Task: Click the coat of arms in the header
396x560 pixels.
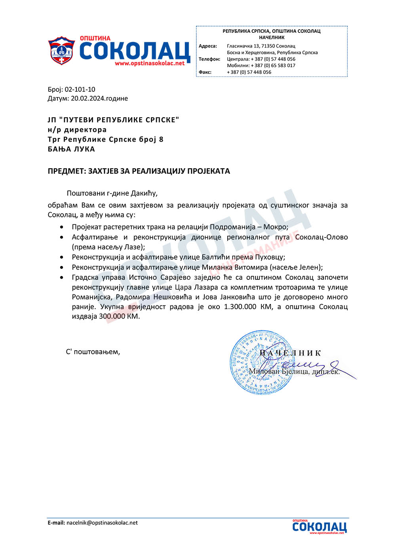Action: pyautogui.click(x=61, y=51)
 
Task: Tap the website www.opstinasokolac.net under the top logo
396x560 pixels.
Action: pyautogui.click(x=150, y=63)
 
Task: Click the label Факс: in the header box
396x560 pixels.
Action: pyautogui.click(x=205, y=72)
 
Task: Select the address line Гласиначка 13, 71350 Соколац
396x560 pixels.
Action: pyautogui.click(x=261, y=46)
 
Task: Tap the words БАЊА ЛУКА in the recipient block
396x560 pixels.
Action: pyautogui.click(x=71, y=149)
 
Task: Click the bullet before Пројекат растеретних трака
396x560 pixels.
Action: pyautogui.click(x=61, y=228)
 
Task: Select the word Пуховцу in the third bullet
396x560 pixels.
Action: pyautogui.click(x=270, y=257)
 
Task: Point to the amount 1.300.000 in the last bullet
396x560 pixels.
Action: pyautogui.click(x=240, y=307)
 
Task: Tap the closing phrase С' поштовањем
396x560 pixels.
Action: pyautogui.click(x=93, y=352)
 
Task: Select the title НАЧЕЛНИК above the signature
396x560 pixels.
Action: pyautogui.click(x=290, y=353)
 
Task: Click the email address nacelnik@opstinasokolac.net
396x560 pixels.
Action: pyautogui.click(x=102, y=523)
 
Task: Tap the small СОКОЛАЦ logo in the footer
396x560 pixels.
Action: pyautogui.click(x=319, y=527)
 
